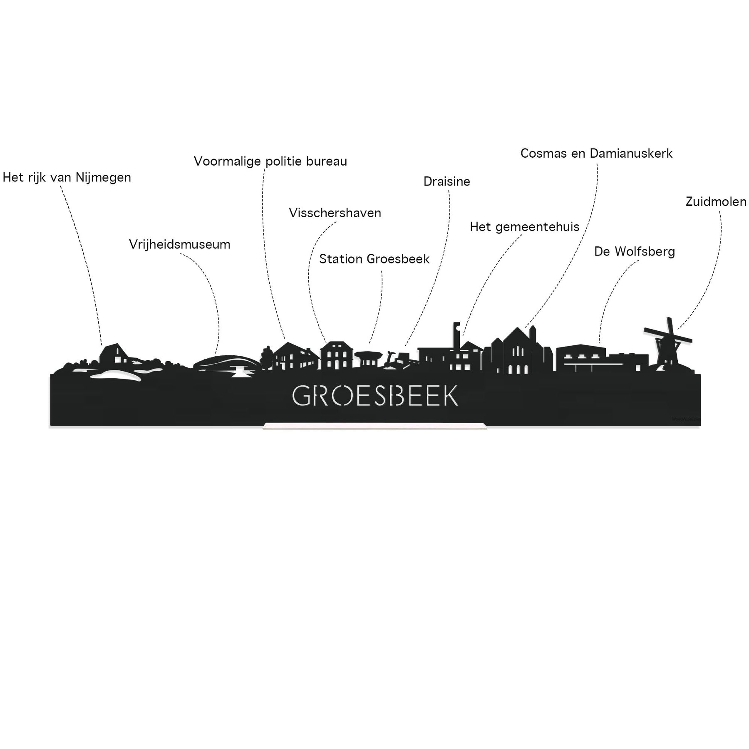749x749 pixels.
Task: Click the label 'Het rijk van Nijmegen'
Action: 67,178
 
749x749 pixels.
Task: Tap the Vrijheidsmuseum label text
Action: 180,244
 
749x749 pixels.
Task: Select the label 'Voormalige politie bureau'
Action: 270,161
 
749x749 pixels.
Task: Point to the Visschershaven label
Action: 335,213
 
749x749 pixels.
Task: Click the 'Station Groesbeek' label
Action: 374,259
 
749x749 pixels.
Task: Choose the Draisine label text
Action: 447,181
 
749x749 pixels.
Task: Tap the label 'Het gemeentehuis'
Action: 525,227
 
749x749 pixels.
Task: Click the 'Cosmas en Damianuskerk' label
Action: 597,154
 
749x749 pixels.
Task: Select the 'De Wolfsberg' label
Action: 635,251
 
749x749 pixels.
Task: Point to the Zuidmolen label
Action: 716,202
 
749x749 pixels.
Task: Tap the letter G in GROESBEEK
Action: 301,396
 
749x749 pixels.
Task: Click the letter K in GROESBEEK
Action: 450,396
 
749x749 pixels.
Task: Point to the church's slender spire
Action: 532,335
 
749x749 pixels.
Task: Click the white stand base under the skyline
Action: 374,425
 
